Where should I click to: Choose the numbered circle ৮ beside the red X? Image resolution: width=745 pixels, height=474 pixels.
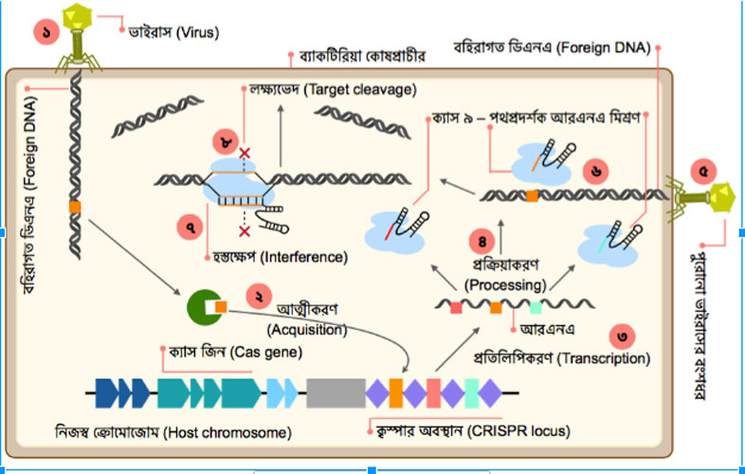[226, 143]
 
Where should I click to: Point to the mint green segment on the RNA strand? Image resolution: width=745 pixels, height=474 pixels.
[536, 307]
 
